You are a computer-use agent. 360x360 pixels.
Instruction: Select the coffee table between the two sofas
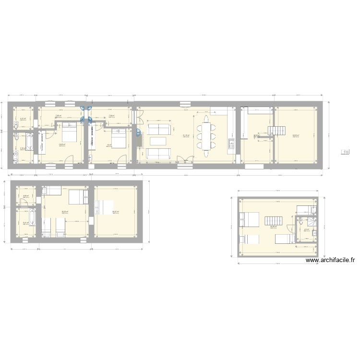[158, 141]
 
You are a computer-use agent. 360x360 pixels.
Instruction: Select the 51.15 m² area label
[185, 136]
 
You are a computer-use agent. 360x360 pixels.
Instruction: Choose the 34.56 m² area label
[272, 227]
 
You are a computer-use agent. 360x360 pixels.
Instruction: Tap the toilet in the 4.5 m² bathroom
[300, 222]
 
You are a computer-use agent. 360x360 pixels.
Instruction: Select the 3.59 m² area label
[25, 196]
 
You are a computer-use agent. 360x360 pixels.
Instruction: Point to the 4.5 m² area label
[306, 229]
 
